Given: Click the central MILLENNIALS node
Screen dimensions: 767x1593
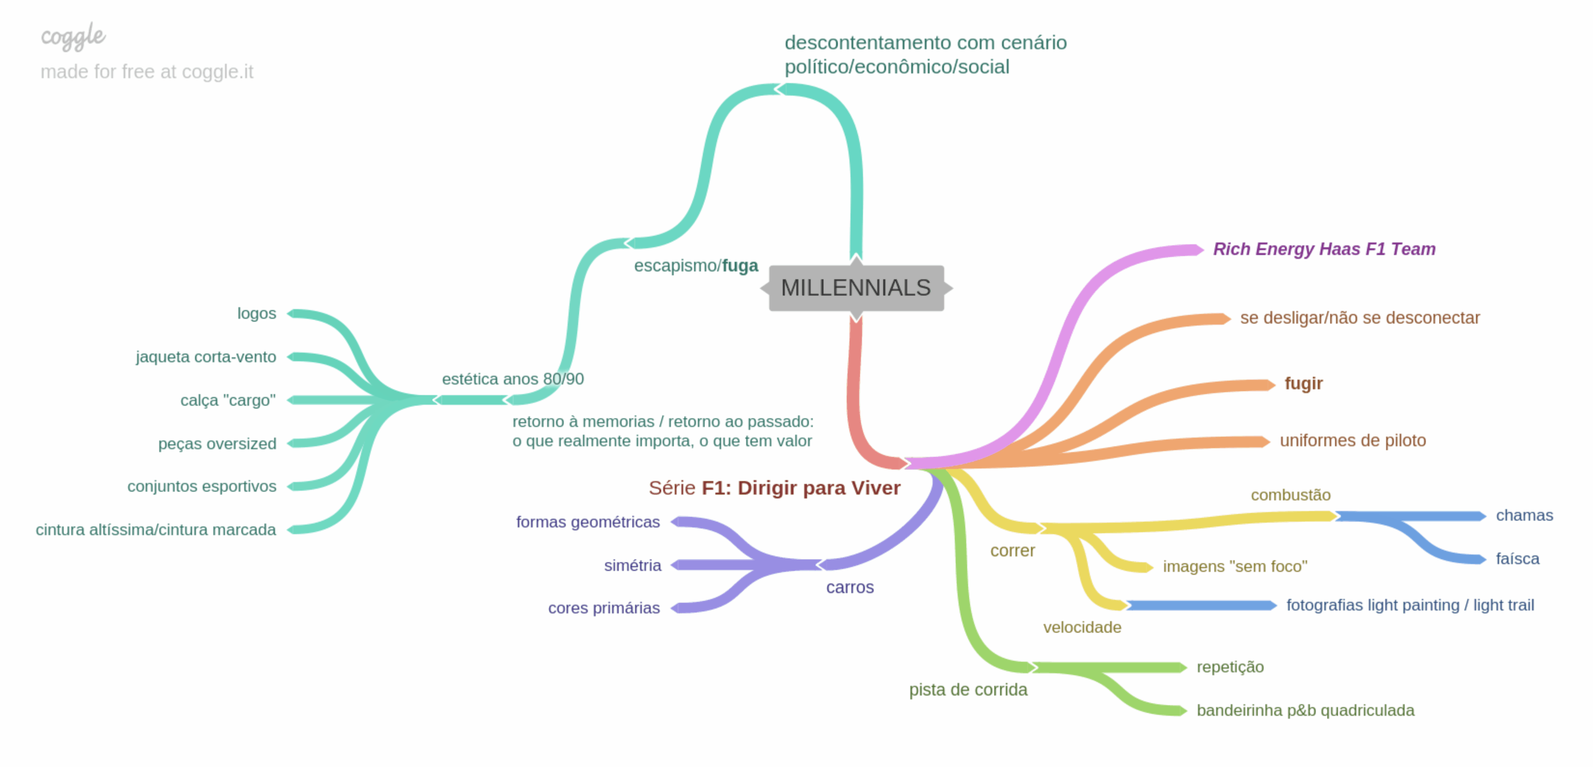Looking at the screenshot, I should coord(856,288).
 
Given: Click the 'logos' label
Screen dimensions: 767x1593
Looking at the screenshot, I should coord(257,314).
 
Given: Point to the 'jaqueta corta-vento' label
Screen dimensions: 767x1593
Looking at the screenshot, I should coord(206,357).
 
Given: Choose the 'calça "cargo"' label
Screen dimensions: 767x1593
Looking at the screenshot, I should coord(228,400).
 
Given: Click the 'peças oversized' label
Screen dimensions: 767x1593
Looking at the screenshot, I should coord(217,444).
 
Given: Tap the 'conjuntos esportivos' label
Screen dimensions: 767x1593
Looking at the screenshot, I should coord(202,486).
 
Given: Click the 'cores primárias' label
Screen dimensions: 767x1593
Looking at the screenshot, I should coord(604,608).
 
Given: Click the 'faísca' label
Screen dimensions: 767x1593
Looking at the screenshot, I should coord(1517,559).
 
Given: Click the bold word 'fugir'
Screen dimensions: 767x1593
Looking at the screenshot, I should coord(1303,383).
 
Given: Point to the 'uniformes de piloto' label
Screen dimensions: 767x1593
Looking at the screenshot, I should coord(1352,440).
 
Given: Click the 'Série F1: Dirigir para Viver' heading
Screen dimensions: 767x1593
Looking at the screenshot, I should coord(774,488).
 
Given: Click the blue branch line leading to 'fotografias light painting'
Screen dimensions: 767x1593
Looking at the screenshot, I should coord(1200,606).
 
